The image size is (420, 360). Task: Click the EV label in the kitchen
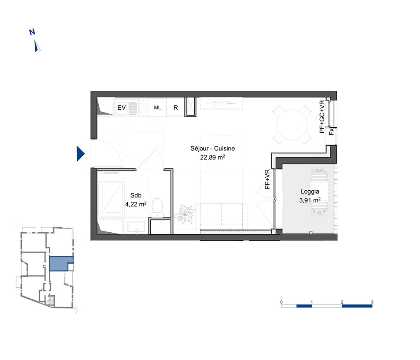coord(122,108)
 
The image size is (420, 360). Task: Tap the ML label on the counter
coord(157,108)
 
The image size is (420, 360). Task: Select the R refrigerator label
coord(176,108)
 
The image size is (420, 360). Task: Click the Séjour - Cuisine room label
coord(213,148)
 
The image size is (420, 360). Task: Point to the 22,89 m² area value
coord(213,157)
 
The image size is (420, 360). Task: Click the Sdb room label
coord(136,195)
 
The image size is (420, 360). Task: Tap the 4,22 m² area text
coord(136,204)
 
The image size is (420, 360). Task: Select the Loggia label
coord(310,192)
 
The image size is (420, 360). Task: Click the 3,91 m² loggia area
coord(310,200)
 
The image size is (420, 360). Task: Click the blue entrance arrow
coord(81,154)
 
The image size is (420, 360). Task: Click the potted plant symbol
coord(185,214)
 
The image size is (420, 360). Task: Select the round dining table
coord(292,125)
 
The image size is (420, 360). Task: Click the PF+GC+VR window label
coord(322,117)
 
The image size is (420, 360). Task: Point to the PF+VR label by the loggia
coord(267,179)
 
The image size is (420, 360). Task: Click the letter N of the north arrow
coord(32,32)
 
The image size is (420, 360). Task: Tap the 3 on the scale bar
coord(372,302)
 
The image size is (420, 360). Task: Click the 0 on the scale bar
coord(281,302)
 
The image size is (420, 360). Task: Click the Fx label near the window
coord(332,131)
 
